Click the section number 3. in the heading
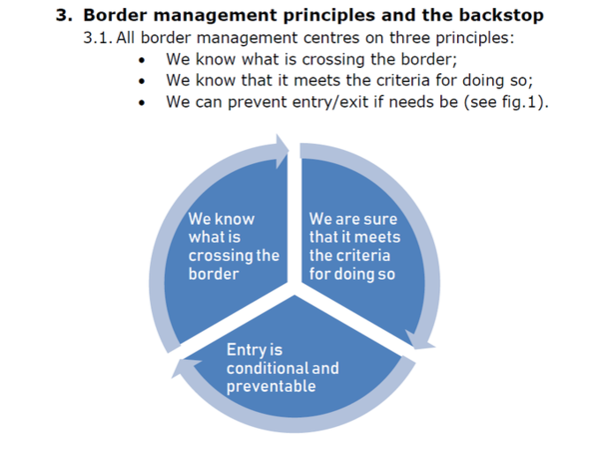tap(65, 15)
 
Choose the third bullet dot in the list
tap(145, 102)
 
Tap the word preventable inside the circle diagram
tap(271, 386)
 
